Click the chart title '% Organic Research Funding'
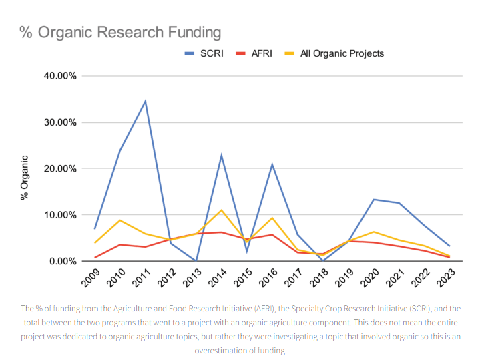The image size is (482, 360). [120, 32]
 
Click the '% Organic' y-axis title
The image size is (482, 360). [25, 178]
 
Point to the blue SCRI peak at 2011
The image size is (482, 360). [146, 101]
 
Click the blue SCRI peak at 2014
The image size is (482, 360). [221, 156]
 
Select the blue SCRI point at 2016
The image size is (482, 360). [272, 164]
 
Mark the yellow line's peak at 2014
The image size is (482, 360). [221, 210]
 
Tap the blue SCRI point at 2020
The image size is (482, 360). [373, 200]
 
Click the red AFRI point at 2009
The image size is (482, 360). [95, 258]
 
